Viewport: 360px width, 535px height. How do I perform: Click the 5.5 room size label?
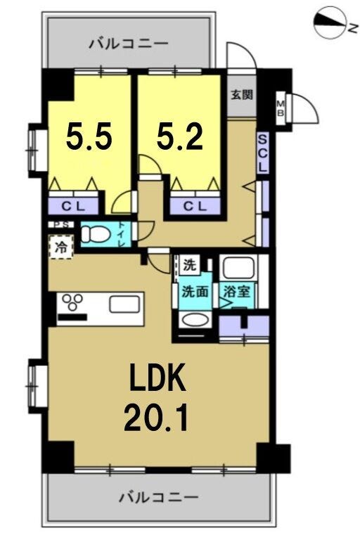click(89, 136)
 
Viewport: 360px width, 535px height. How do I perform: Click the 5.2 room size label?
click(180, 136)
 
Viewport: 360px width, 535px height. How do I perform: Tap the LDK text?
click(157, 378)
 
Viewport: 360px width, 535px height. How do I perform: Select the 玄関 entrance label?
click(242, 94)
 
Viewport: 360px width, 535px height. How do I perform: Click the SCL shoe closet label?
click(263, 153)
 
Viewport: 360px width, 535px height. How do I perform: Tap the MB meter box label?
click(280, 108)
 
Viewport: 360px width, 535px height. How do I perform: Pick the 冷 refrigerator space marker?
click(61, 247)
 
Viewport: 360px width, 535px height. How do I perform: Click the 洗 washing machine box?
click(189, 265)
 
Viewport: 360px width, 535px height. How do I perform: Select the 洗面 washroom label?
click(195, 292)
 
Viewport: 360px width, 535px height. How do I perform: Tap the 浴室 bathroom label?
click(237, 292)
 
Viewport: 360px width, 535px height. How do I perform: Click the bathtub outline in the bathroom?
click(238, 267)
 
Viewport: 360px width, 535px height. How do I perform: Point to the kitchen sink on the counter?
click(124, 304)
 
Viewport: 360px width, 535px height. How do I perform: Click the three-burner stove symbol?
click(72, 302)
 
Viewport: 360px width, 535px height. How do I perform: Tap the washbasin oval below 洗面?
click(195, 320)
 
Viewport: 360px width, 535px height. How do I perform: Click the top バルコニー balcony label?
click(129, 44)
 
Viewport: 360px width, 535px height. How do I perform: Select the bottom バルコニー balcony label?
click(158, 497)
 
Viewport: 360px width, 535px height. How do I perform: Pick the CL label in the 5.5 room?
click(73, 206)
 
